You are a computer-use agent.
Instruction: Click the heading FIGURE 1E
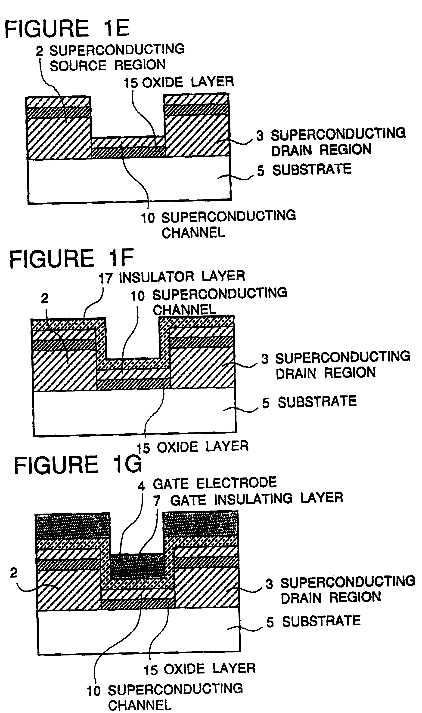point(67,28)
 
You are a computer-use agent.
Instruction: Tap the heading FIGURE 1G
point(78,465)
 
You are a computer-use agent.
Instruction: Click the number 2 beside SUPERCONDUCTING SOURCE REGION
point(39,51)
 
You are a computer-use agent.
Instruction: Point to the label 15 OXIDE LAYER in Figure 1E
point(179,82)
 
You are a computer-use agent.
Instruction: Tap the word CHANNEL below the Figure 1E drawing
point(193,233)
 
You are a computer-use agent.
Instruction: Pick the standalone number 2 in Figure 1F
point(45,299)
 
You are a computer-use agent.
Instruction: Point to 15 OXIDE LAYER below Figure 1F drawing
point(192,447)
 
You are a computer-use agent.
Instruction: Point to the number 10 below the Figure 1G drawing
point(93,691)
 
